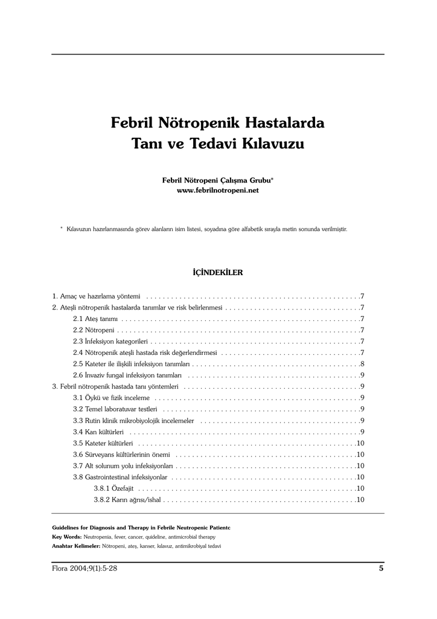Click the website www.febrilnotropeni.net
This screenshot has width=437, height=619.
pyautogui.click(x=217, y=190)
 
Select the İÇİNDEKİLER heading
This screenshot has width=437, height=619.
pyautogui.click(x=217, y=273)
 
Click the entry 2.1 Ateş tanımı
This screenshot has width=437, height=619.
pyautogui.click(x=95, y=319)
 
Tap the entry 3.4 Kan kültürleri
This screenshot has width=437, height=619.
pyautogui.click(x=98, y=432)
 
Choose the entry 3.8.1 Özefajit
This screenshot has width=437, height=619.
pyautogui.click(x=113, y=488)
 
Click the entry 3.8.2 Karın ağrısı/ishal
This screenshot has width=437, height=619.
pyautogui.click(x=127, y=500)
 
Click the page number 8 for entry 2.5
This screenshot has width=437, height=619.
pyautogui.click(x=362, y=364)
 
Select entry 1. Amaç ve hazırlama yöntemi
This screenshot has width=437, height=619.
pyautogui.click(x=97, y=296)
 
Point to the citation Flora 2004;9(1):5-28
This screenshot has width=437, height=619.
pyautogui.click(x=85, y=568)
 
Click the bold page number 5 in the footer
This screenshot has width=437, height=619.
pyautogui.click(x=381, y=568)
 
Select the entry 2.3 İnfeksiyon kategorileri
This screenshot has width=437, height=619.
pyautogui.click(x=106, y=342)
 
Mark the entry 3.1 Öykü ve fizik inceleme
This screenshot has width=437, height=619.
pyautogui.click(x=111, y=398)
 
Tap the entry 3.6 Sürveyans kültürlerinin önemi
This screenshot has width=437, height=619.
pyautogui.click(x=121, y=455)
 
